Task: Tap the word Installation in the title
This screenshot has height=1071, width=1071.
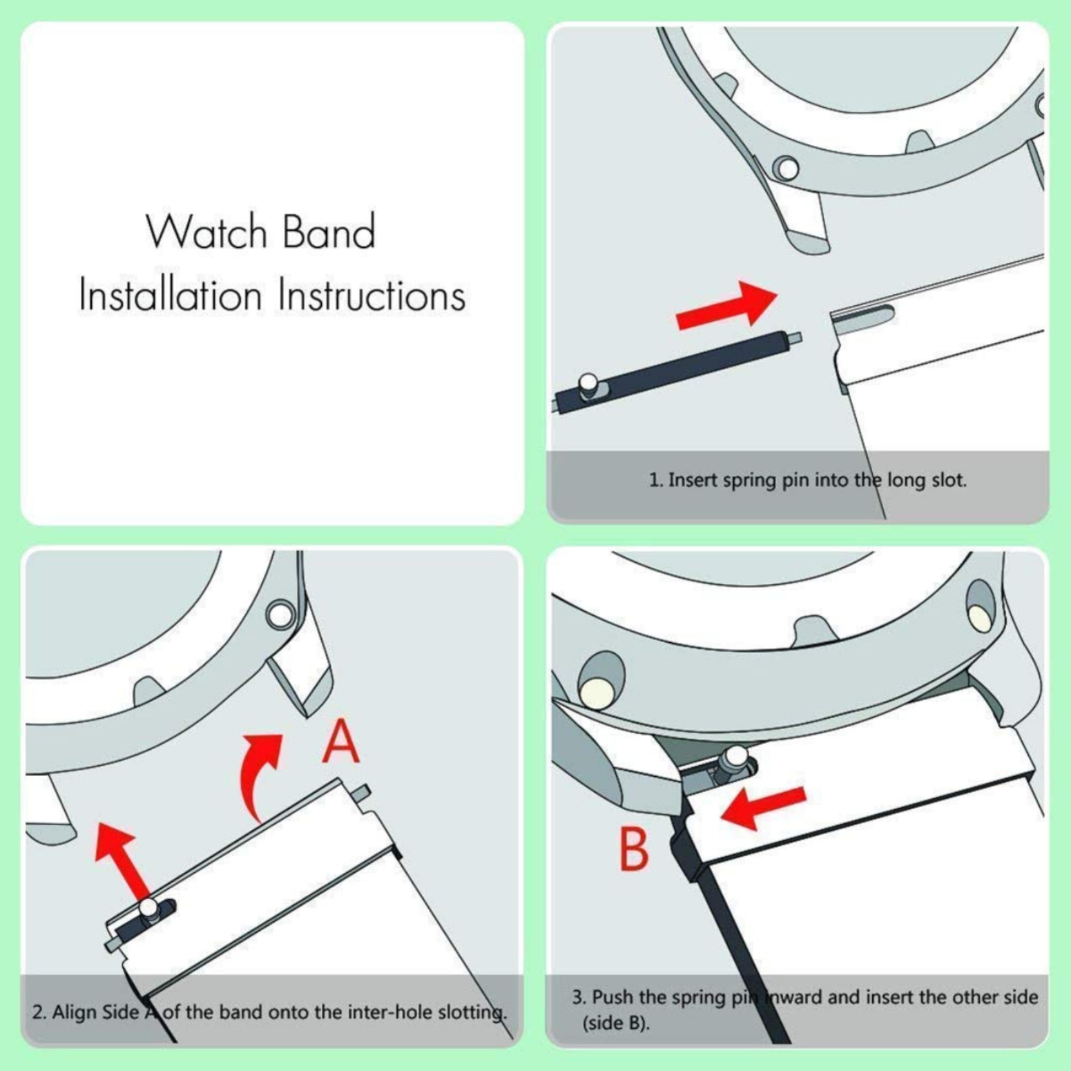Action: tap(170, 296)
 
